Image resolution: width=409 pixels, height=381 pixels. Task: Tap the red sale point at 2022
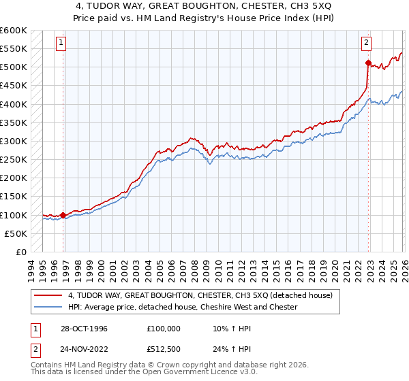[x=368, y=63]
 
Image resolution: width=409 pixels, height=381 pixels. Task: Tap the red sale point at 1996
[x=63, y=215]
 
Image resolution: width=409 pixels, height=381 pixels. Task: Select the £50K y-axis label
[x=16, y=233]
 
